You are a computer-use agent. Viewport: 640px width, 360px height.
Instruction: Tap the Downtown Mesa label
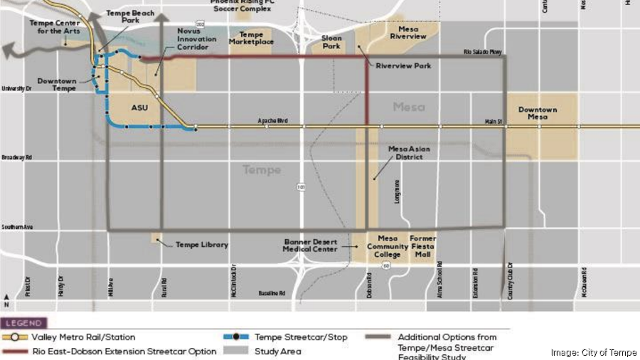click(x=537, y=114)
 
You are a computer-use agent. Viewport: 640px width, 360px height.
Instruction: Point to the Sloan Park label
click(x=331, y=43)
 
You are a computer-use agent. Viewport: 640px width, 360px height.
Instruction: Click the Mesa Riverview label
click(x=407, y=33)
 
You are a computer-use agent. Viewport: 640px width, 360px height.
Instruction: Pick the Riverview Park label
click(x=403, y=66)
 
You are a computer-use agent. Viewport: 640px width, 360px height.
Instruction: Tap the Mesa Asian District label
click(x=405, y=153)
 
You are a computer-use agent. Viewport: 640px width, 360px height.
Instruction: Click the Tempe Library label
click(x=202, y=245)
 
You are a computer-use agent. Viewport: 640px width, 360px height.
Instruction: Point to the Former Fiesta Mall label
click(x=422, y=246)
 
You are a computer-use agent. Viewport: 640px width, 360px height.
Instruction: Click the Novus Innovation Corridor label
click(x=193, y=40)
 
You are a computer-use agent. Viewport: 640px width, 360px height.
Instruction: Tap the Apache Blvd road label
click(x=273, y=122)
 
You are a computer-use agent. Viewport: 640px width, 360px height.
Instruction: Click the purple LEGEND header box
click(x=25, y=323)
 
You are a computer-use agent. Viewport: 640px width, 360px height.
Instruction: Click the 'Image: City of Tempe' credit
click(x=594, y=352)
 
